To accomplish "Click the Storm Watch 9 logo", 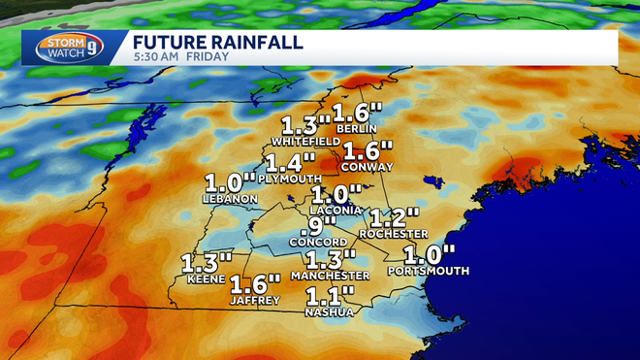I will coord(67,48).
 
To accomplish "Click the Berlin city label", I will coord(350,128).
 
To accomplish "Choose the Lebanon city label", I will coord(230,199).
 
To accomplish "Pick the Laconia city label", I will coord(335,210).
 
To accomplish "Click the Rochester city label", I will coord(393,234).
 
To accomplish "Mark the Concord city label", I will coord(321,243).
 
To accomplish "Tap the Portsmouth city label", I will coord(427,271).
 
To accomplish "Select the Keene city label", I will coord(207,279).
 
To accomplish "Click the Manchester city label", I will coord(331,276).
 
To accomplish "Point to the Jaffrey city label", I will coord(255,300).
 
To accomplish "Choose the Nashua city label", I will coord(330,311).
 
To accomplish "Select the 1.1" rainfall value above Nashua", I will coord(330,295).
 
